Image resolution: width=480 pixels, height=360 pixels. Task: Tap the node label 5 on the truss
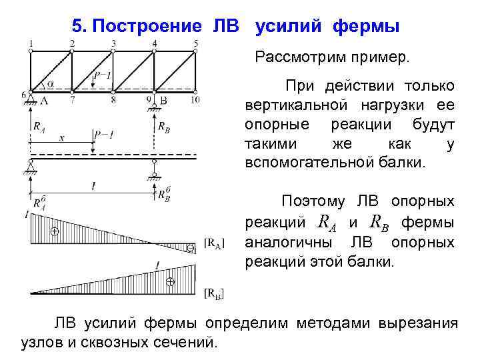click(x=196, y=43)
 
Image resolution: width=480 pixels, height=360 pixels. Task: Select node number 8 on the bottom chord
click(x=113, y=100)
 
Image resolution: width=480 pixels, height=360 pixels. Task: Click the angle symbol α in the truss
click(x=49, y=85)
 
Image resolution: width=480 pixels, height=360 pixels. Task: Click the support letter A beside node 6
click(x=44, y=100)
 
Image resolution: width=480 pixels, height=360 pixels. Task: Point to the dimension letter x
click(x=61, y=138)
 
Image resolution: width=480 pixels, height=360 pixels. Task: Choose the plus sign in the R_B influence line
click(x=170, y=281)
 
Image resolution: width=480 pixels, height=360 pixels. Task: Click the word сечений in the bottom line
click(x=185, y=342)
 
